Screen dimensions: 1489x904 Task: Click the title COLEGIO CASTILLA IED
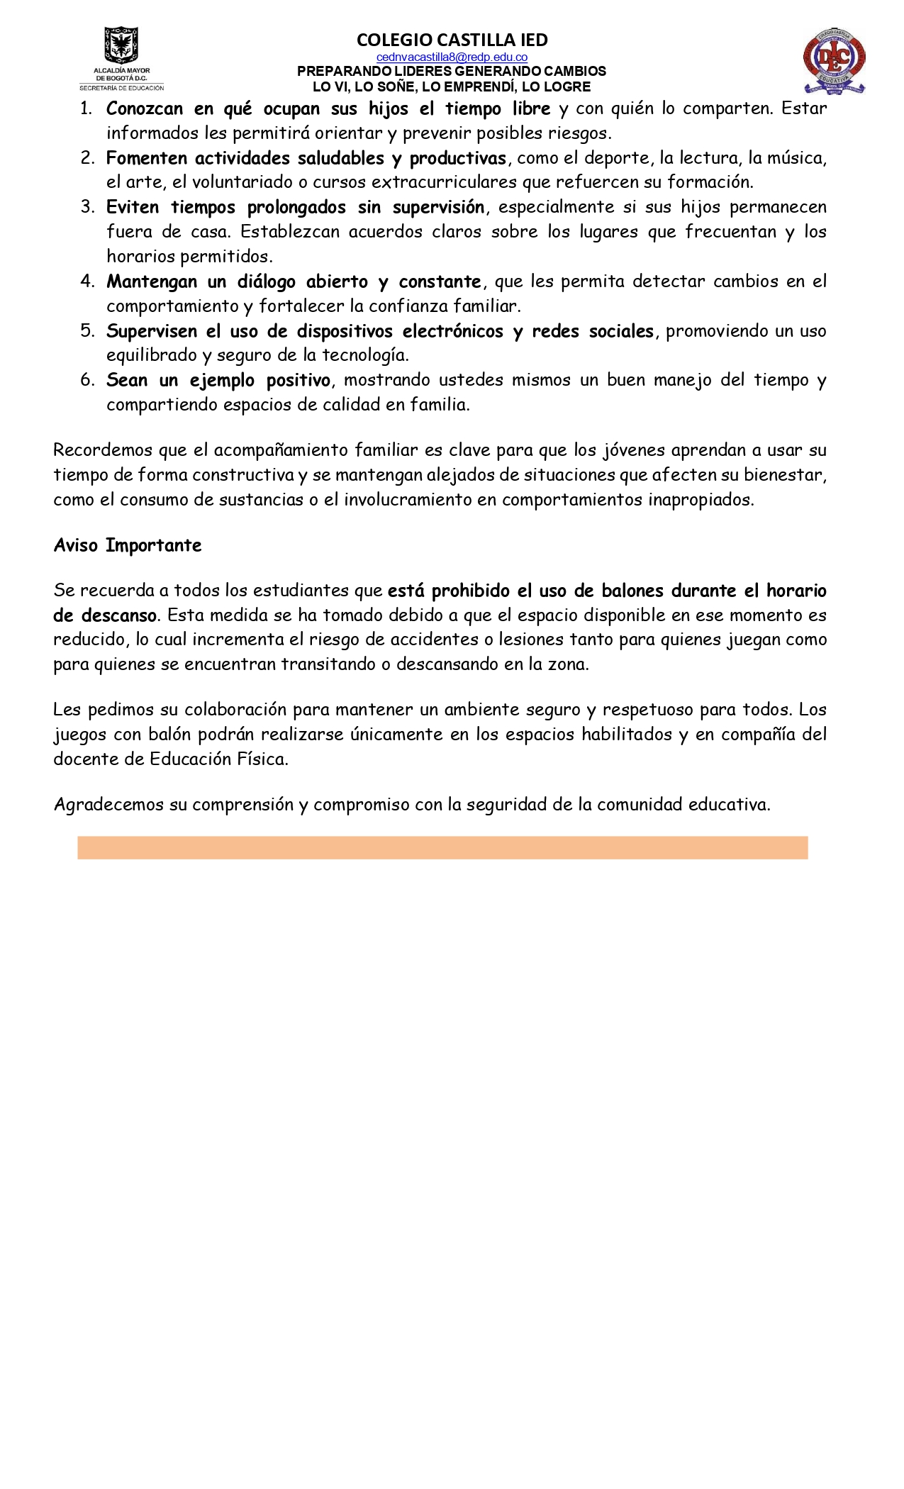tap(452, 40)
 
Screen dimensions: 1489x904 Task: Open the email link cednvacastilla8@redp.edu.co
tap(452, 57)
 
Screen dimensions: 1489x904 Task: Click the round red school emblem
tap(834, 61)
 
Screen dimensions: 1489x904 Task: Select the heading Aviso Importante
tap(128, 545)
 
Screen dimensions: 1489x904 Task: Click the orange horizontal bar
tap(442, 847)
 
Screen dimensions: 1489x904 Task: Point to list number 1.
tap(87, 108)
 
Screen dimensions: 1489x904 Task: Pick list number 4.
tap(87, 281)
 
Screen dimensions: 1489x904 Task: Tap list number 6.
tap(87, 380)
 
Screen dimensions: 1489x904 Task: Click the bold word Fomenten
tap(146, 157)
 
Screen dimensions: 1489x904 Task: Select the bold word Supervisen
tap(152, 331)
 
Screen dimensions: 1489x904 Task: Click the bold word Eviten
tap(133, 207)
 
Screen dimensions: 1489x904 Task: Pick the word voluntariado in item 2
tap(242, 182)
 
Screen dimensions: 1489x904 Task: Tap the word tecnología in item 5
tap(364, 355)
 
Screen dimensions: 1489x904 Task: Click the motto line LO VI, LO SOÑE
tap(452, 87)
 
